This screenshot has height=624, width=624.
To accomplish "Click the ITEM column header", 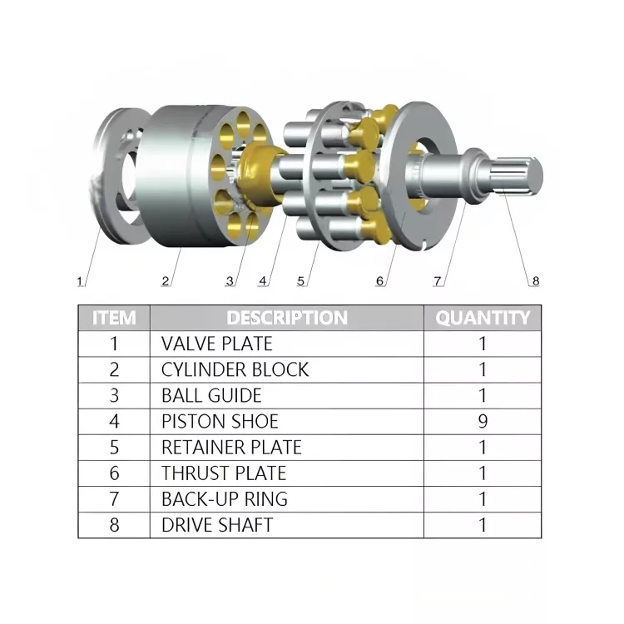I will point(114,317).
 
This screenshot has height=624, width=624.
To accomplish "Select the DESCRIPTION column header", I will point(287,317).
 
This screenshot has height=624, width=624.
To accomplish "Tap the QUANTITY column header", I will point(483,317).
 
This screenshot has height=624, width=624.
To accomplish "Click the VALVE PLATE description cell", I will point(216,343).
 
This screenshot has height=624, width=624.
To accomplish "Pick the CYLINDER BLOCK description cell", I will point(235,369).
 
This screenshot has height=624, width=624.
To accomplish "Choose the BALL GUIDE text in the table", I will point(211,395).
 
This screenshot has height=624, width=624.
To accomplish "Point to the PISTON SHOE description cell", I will point(220,421).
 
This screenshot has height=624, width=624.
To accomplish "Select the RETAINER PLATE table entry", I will point(231,447).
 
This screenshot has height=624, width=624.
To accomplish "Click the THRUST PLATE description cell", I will point(223,473).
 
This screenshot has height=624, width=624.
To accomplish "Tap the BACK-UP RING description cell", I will point(225,499).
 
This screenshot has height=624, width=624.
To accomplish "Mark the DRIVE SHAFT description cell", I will point(217,525).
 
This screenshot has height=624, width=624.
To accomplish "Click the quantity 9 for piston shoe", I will point(483,421).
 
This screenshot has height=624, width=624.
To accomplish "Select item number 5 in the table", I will point(114,447).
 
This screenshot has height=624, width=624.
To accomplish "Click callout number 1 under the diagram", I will point(80,281).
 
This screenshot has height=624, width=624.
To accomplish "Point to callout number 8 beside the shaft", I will point(535,281).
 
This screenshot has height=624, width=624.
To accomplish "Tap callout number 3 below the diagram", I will point(230,281).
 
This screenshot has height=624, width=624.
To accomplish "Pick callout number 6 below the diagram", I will point(380,281).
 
